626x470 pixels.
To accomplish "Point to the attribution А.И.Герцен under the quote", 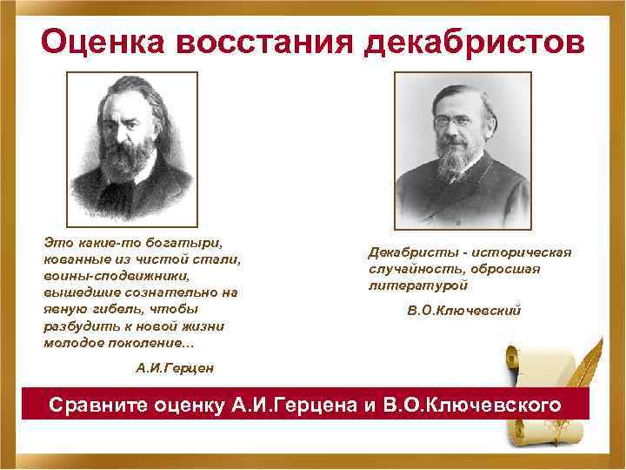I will click(174, 368).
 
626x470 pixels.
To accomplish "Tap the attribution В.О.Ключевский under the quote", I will click(463, 310).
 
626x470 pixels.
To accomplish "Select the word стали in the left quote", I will click(220, 259).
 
